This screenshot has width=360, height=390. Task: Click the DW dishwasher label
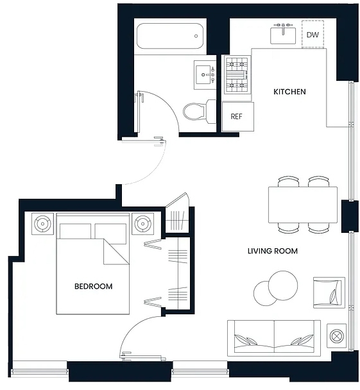[x=313, y=35]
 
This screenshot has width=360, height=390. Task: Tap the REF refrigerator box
[x=238, y=116]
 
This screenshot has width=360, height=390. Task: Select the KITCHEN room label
[x=289, y=92]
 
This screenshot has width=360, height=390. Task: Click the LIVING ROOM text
[x=273, y=251]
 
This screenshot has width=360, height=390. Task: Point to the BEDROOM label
[x=93, y=286]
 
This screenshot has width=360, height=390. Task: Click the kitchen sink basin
[x=283, y=36]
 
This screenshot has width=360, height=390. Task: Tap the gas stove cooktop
[x=237, y=74]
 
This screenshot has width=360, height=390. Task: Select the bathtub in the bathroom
[x=170, y=36]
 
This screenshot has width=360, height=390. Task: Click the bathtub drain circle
[x=196, y=36]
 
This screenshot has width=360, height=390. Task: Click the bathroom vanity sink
[x=205, y=74]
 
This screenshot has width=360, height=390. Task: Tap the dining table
[x=303, y=205]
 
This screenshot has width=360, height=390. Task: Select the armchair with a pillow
[x=329, y=292]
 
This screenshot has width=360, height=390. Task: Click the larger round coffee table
[x=283, y=285]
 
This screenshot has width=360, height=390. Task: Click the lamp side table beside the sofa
[x=336, y=335]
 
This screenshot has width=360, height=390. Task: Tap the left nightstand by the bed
[x=42, y=224]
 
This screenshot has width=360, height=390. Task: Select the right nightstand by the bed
[x=142, y=224]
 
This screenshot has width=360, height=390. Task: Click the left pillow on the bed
[x=75, y=231]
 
